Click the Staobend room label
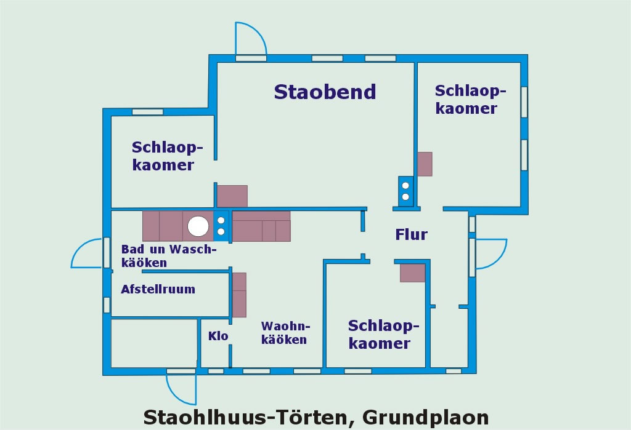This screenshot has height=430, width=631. (x=325, y=92)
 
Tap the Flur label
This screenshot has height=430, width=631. (x=411, y=234)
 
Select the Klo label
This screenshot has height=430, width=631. (x=218, y=336)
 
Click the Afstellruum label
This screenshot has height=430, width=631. (x=158, y=289)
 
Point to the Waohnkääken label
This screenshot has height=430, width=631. (x=284, y=333)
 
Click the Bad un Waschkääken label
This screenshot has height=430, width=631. (x=169, y=256)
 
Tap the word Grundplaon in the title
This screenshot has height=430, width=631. (x=425, y=417)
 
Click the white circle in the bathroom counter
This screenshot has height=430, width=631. (x=198, y=226)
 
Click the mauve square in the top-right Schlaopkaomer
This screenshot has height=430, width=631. (x=425, y=164)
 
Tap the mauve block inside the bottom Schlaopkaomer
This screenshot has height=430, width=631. (x=412, y=273)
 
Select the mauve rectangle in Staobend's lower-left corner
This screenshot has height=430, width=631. (x=232, y=196)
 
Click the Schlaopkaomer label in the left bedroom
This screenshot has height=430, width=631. (x=163, y=156)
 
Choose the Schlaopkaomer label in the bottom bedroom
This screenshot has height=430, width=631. (x=379, y=335)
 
